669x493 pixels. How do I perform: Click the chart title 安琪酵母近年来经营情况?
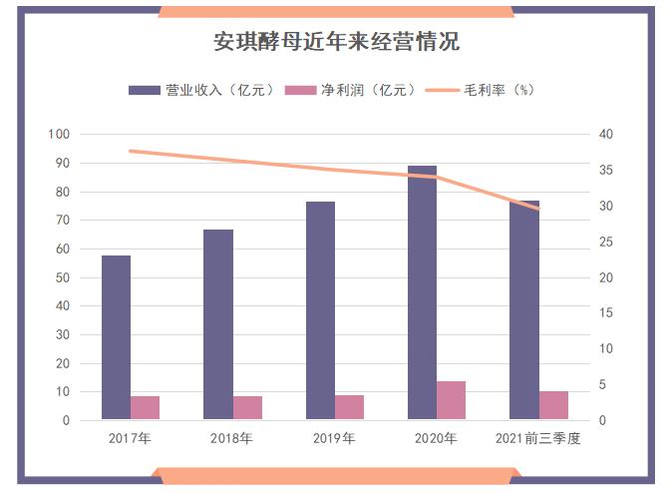[x=335, y=42]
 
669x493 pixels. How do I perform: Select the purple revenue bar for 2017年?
[x=116, y=337]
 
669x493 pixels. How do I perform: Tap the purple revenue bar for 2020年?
[x=422, y=292]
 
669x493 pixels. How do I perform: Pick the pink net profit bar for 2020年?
[x=451, y=400]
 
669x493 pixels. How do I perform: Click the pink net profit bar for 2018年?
[x=247, y=408]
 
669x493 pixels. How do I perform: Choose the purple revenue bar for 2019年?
[x=320, y=310]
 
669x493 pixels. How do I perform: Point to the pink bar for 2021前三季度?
[x=553, y=405]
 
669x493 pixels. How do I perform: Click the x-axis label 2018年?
[x=231, y=438]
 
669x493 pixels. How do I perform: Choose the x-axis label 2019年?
[x=334, y=438]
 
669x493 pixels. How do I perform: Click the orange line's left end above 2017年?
[x=131, y=151]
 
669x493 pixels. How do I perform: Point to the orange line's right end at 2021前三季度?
[x=538, y=209]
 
